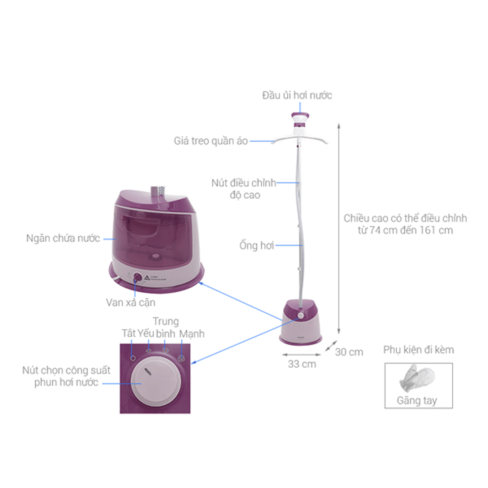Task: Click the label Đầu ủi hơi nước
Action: point(297,95)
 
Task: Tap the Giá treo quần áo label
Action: point(211,141)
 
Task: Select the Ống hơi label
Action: point(257,246)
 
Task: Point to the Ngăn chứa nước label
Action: point(63,238)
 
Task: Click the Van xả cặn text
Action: point(131,302)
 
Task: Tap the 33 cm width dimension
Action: point(302,364)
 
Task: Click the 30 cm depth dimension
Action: point(349,352)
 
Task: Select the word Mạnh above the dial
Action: point(192,334)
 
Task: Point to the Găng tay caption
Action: point(417,401)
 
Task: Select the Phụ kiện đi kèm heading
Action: point(418,350)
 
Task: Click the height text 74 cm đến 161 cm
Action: point(405,230)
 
